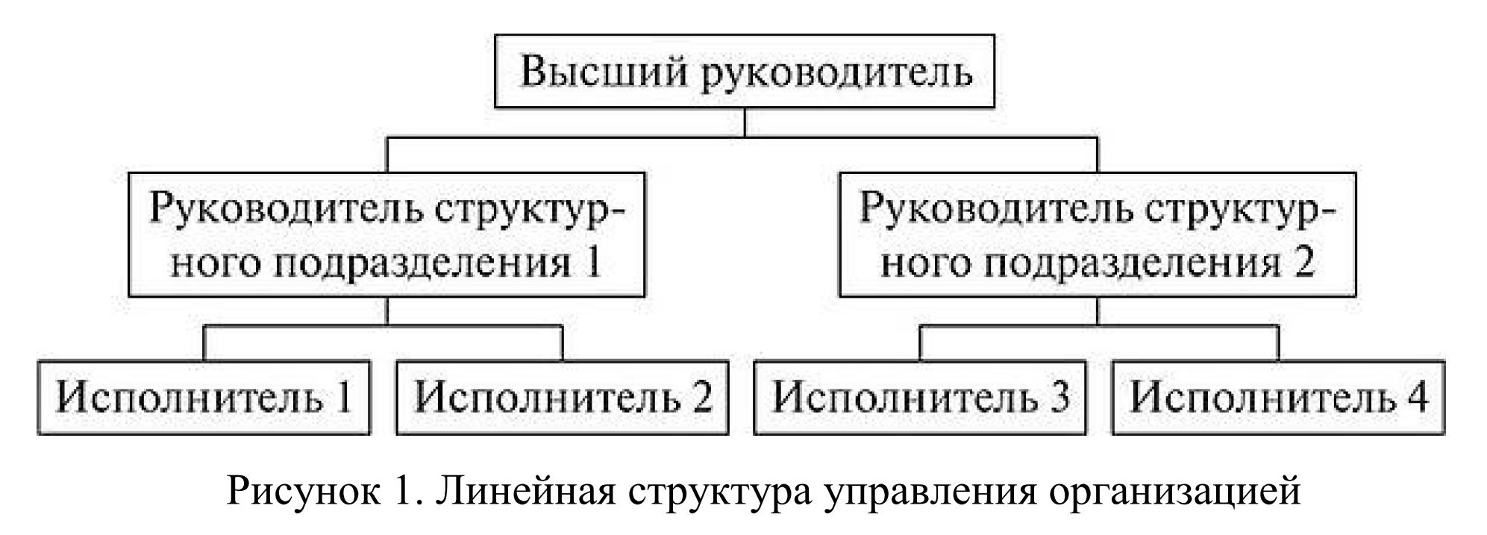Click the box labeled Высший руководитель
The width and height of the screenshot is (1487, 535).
[745, 72]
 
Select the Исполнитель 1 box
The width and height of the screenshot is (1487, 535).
[204, 397]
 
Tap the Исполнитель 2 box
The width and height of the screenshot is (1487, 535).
[562, 397]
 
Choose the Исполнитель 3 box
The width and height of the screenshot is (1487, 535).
[919, 397]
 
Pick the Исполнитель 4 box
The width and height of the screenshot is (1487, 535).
[1278, 397]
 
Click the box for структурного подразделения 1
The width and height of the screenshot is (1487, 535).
[386, 235]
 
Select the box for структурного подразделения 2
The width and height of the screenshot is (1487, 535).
[1097, 235]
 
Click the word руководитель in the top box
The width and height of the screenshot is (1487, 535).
[837, 73]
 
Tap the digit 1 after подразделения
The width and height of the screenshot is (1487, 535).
[593, 263]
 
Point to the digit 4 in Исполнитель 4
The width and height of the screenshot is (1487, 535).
[1416, 397]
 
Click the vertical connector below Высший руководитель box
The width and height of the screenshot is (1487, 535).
[745, 122]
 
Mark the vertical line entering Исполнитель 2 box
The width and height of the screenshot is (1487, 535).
[562, 343]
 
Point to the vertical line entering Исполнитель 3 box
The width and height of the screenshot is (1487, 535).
[919, 343]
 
